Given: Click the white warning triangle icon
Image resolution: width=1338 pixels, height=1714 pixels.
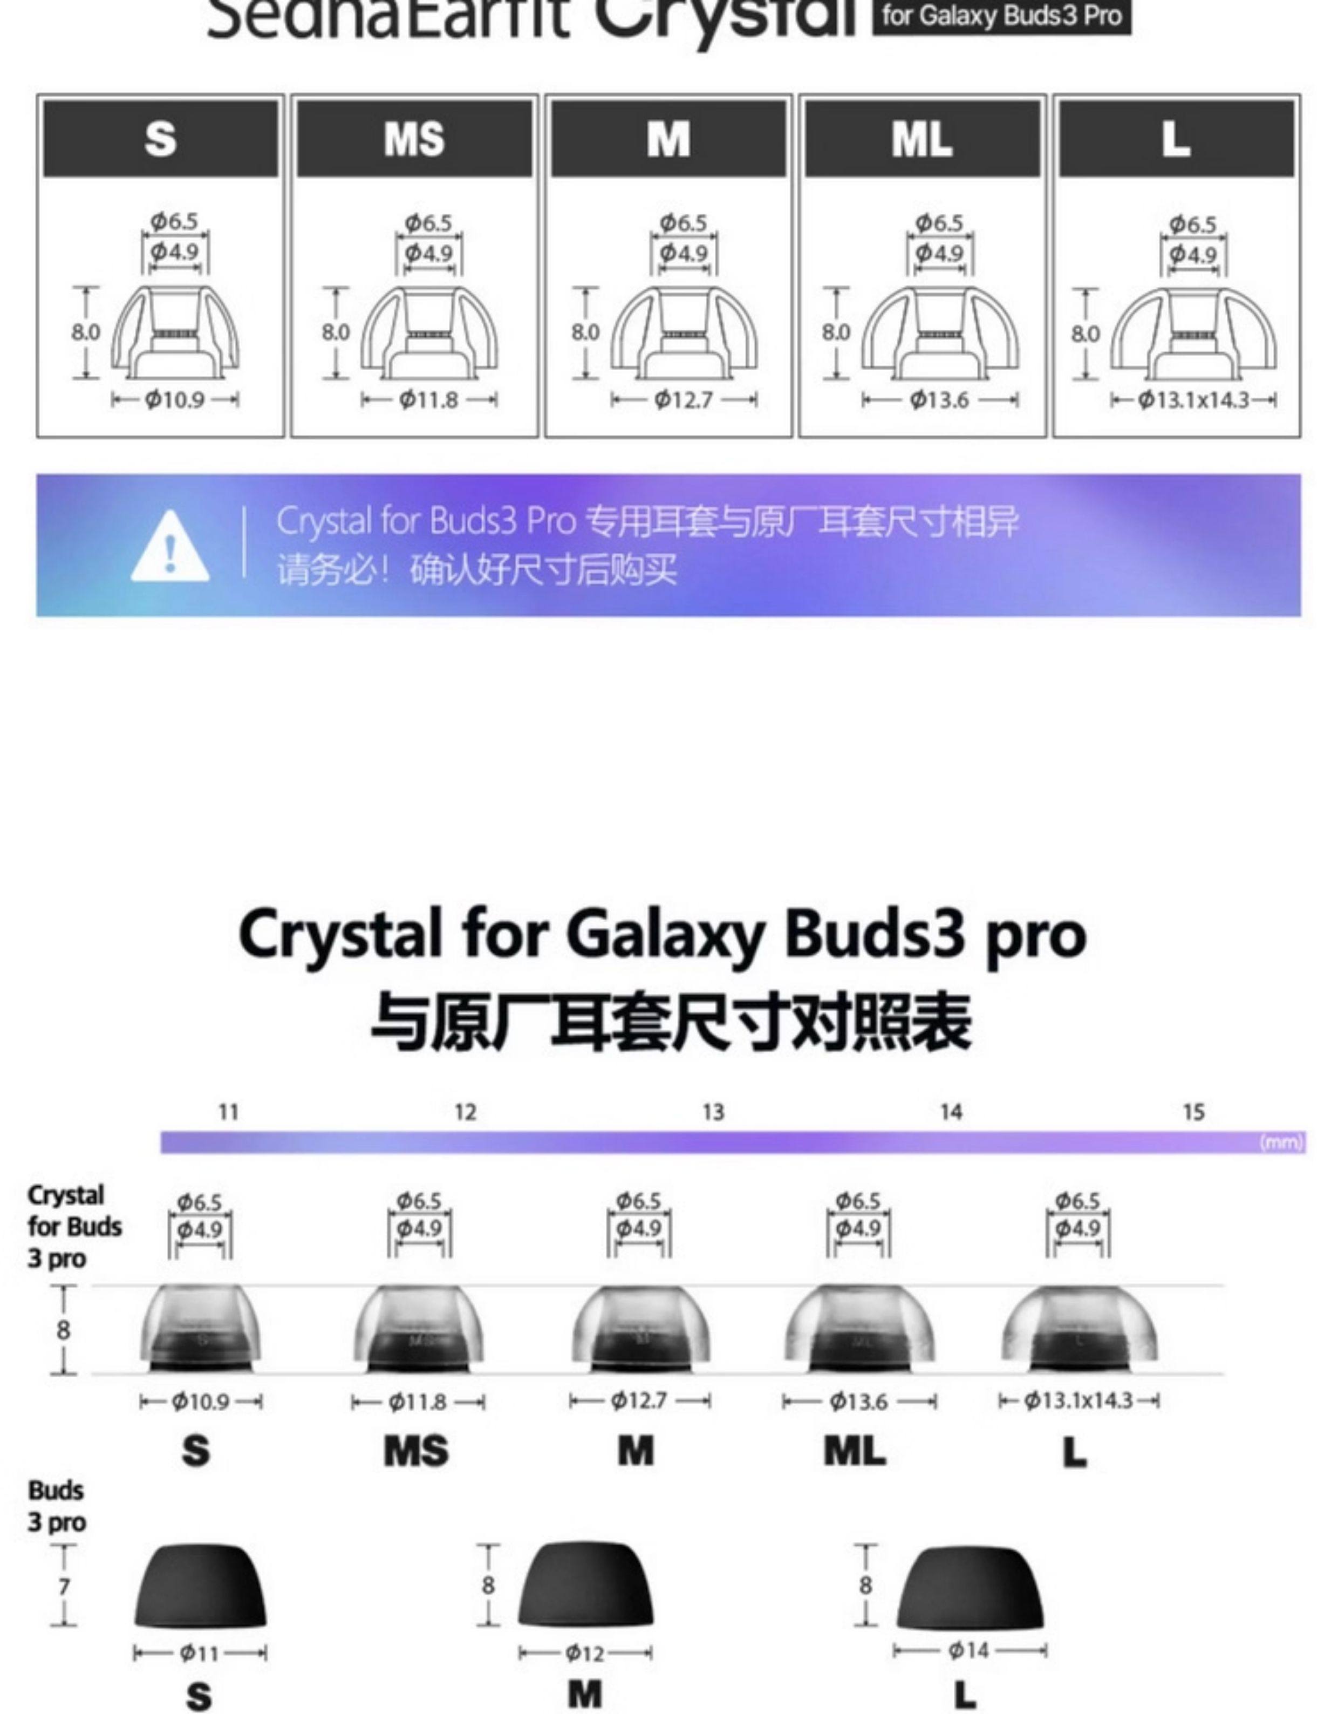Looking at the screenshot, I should pyautogui.click(x=169, y=547).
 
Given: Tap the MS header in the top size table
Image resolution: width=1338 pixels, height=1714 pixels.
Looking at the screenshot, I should pyautogui.click(x=414, y=139).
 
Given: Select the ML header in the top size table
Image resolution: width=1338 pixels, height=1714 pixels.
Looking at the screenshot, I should pyautogui.click(x=922, y=139).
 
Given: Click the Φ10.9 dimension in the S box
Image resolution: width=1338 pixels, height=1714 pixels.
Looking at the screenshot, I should pyautogui.click(x=175, y=400).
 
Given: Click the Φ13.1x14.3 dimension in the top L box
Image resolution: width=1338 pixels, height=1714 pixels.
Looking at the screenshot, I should pyautogui.click(x=1193, y=400).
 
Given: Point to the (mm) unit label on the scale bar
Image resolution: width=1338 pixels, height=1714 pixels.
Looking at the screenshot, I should pyautogui.click(x=1281, y=1142).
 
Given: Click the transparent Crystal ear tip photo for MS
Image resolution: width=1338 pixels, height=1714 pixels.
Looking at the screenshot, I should pyautogui.click(x=418, y=1329).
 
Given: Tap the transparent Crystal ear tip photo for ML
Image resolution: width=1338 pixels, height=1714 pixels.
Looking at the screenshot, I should pyautogui.click(x=859, y=1329).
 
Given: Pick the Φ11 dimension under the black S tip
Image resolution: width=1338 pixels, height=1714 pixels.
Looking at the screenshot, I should pyautogui.click(x=199, y=1654).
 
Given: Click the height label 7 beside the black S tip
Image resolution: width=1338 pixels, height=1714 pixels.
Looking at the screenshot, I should pyautogui.click(x=64, y=1586).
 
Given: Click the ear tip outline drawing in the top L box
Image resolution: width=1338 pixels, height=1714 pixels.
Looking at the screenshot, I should pyautogui.click(x=1193, y=334).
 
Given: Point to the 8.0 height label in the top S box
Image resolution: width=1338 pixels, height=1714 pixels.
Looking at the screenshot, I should pyautogui.click(x=86, y=332).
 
